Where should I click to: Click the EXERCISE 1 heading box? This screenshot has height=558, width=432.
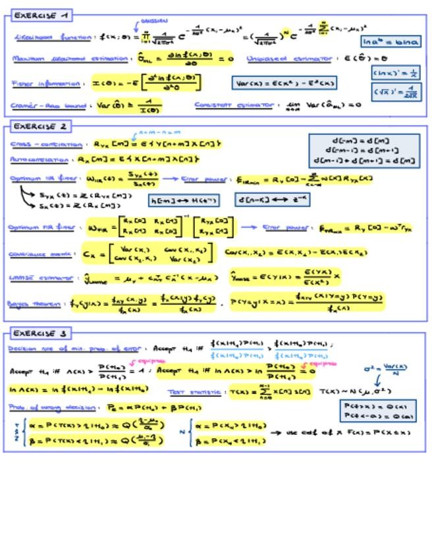(41, 14)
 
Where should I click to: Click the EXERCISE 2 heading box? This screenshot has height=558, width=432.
(41, 126)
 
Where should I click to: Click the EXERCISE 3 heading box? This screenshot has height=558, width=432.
(41, 333)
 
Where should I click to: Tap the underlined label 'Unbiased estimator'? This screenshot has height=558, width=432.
(289, 59)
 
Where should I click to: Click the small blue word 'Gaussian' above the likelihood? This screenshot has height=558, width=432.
(154, 21)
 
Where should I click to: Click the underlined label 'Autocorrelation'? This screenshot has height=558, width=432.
(39, 159)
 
